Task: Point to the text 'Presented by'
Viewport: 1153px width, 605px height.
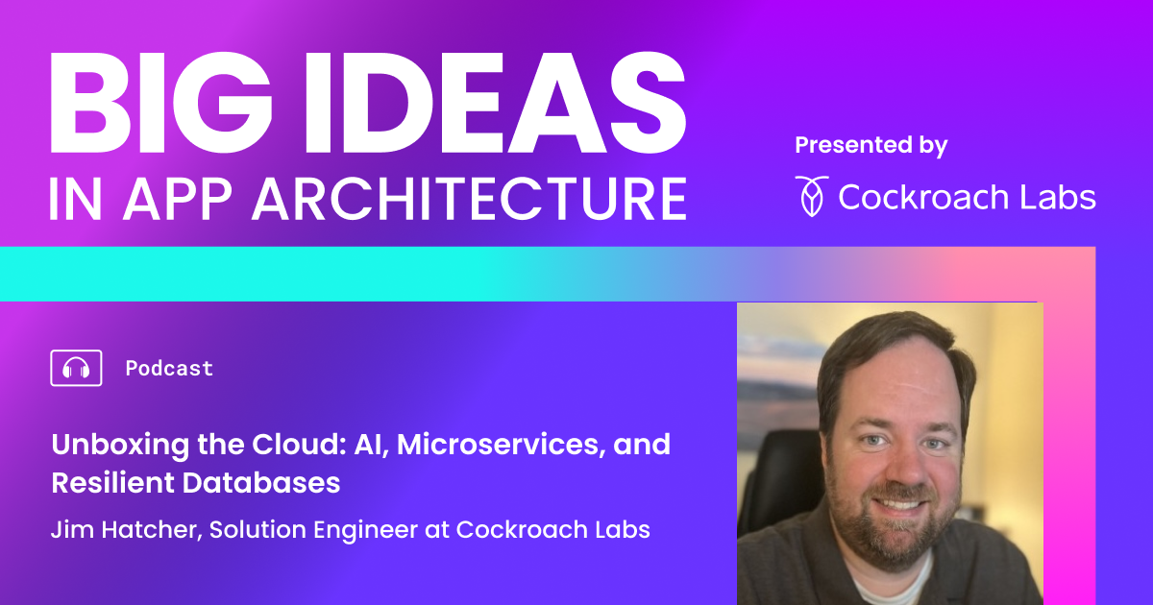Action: (871, 145)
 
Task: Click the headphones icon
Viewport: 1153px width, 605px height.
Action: (76, 368)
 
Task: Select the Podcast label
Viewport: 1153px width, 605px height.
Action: (169, 368)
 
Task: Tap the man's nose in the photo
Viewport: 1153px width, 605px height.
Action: (900, 465)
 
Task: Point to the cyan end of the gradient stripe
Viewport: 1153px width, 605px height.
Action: (58, 274)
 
